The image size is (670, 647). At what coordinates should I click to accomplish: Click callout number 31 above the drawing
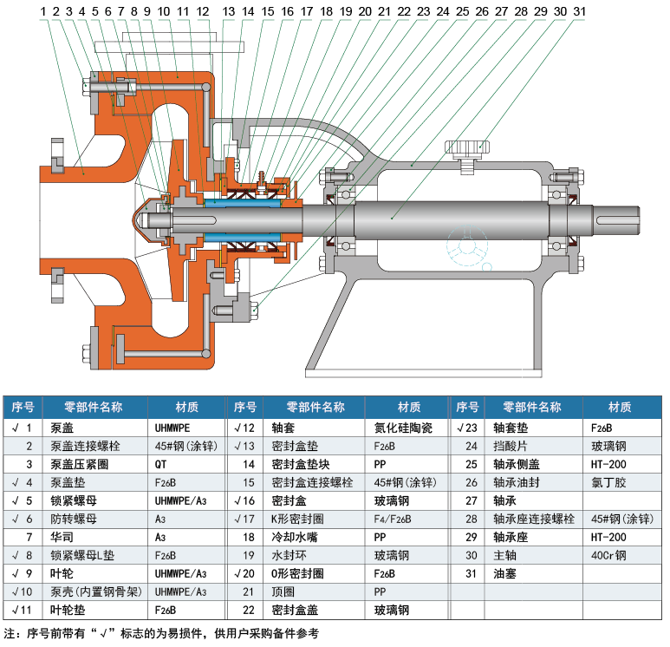coord(580,10)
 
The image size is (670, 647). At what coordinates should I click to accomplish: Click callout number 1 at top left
coord(42,10)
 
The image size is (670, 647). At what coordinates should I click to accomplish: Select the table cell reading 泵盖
coord(62,428)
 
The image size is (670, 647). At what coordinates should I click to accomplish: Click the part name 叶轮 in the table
coord(62,572)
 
